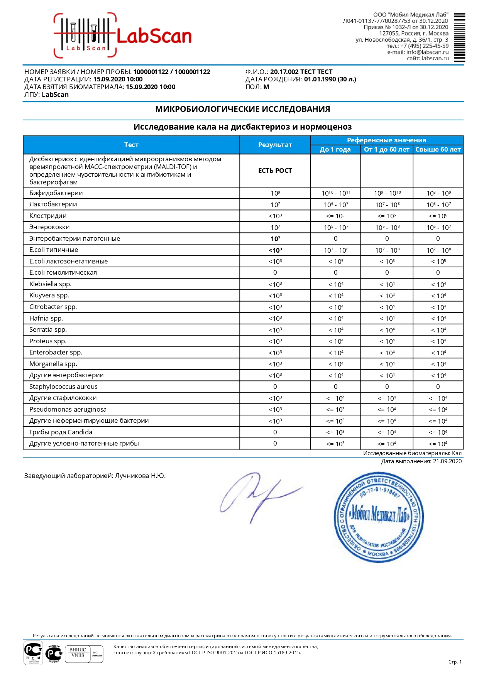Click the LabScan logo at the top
point(123,36)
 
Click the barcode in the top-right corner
point(459,37)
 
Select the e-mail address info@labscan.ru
point(427,52)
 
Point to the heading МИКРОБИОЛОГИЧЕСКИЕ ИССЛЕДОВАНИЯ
point(242,109)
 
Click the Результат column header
point(275,145)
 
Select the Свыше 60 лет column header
point(438,150)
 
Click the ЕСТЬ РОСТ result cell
point(275,171)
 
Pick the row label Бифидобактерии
point(56,193)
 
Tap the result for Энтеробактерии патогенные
point(275,239)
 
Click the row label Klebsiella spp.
point(50,284)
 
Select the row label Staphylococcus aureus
point(63,387)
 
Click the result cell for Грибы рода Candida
point(275,432)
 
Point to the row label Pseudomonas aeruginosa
point(68,409)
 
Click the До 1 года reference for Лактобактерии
point(335,204)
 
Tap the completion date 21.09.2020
point(447,461)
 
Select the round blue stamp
point(378,517)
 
